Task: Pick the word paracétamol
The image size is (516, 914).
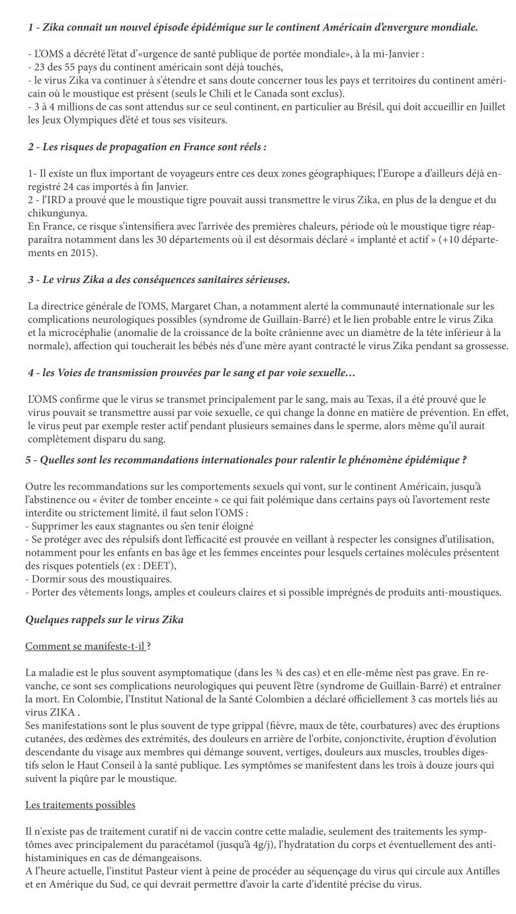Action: (211, 845)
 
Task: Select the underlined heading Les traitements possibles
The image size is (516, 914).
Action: (80, 805)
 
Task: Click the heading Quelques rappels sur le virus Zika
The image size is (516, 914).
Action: (104, 620)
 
